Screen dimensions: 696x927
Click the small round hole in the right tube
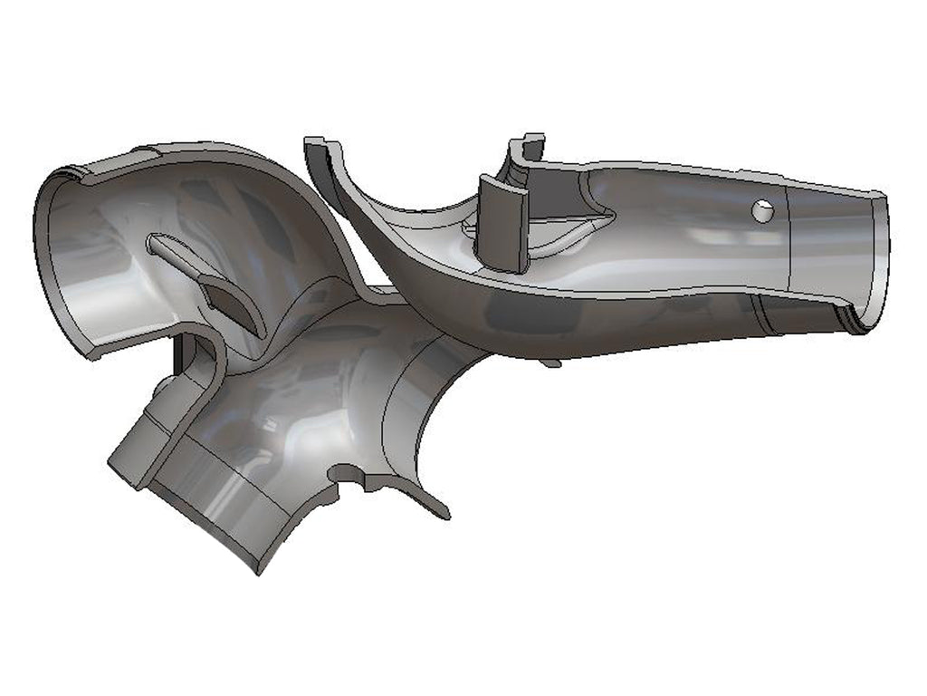pos(760,210)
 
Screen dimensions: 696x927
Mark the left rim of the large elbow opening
pos(45,254)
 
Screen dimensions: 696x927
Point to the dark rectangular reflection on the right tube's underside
pos(534,313)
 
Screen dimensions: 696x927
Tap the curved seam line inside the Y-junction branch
pos(398,399)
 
